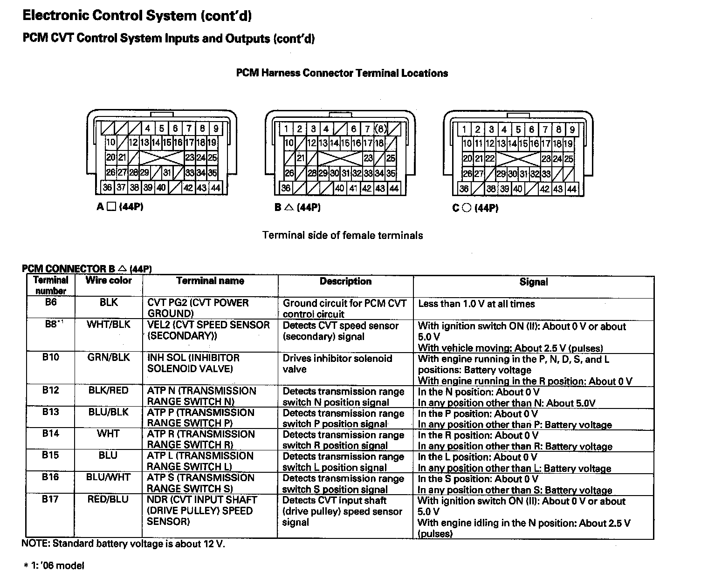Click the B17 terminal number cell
[x=50, y=499]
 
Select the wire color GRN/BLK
[x=109, y=358]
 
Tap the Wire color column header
[x=109, y=280]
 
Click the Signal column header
[x=534, y=282]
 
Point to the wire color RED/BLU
[x=108, y=499]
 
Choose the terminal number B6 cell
[x=50, y=302]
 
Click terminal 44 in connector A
[x=215, y=188]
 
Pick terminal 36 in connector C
[x=464, y=189]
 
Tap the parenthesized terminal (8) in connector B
[x=381, y=129]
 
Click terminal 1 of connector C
[x=464, y=129]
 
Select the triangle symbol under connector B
[x=289, y=207]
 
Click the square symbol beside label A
[x=111, y=207]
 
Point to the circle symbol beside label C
[x=466, y=208]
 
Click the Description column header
[x=345, y=281]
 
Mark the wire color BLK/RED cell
[x=108, y=390]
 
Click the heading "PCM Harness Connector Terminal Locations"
[x=342, y=73]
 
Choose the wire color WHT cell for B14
[x=108, y=434]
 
